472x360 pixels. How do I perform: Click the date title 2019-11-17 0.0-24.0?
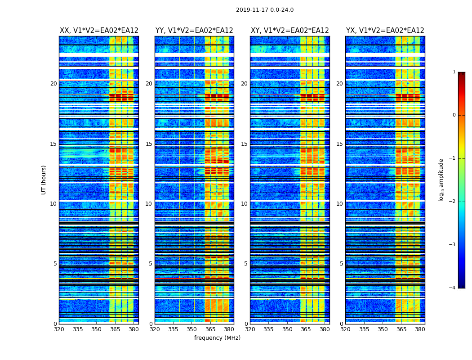265,10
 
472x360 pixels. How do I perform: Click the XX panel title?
99,31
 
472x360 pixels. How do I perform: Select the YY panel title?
194,31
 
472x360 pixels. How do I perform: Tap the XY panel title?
290,31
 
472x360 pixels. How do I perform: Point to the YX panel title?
385,31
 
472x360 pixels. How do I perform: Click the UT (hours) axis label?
44,180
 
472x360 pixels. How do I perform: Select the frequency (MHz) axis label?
217,338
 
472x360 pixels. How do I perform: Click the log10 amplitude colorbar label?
441,180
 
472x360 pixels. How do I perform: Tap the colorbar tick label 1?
454,72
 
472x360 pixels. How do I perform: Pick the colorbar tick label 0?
454,115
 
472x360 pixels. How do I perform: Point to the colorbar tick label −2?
453,202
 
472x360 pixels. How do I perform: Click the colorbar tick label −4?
453,288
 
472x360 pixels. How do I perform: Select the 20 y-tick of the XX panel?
53,84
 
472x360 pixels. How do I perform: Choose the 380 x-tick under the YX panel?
420,329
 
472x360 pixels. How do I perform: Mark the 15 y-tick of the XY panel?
244,144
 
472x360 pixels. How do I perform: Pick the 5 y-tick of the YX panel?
341,264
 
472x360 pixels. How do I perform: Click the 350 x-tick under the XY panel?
287,329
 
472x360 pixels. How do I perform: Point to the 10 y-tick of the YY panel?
149,204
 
